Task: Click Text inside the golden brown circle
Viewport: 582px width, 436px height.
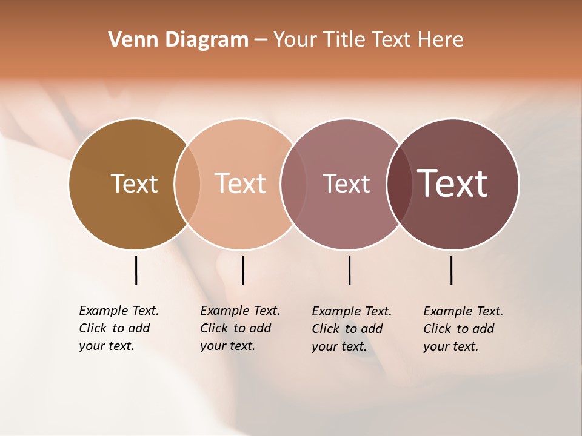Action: (x=134, y=183)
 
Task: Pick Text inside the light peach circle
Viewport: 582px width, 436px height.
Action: (x=241, y=183)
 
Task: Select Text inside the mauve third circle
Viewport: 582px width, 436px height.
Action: (x=346, y=184)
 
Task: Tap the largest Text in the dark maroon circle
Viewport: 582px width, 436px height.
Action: (x=453, y=183)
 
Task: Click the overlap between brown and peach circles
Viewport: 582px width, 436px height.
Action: (x=187, y=183)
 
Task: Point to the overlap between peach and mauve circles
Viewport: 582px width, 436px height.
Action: (x=293, y=183)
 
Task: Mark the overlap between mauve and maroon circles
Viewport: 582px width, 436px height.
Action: (x=400, y=183)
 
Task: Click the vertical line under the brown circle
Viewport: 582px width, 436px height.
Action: (x=136, y=270)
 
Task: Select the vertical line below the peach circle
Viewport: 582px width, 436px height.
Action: (x=242, y=270)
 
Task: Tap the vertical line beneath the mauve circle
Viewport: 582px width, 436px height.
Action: (x=349, y=270)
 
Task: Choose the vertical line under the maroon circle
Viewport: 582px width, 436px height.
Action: (x=451, y=270)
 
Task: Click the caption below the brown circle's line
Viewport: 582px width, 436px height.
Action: (x=119, y=328)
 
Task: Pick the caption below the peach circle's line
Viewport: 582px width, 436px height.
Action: (x=240, y=328)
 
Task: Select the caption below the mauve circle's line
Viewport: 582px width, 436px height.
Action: (x=352, y=329)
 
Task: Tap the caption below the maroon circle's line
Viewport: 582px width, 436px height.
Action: (x=463, y=329)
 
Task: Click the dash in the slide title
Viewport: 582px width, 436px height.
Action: (x=261, y=41)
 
